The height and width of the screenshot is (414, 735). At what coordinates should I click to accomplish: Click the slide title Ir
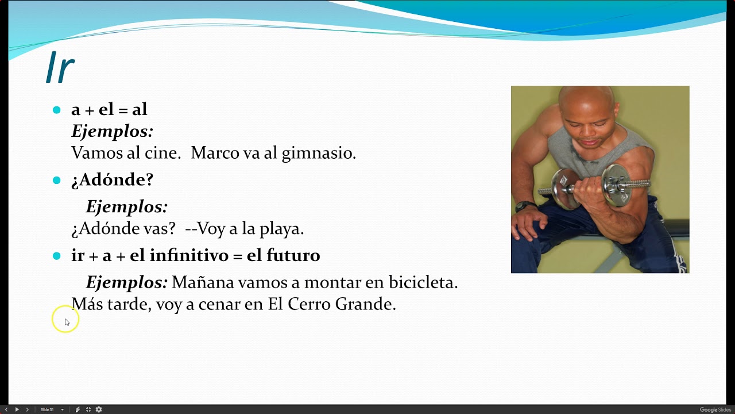60,68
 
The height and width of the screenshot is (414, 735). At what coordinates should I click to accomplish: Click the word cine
167,153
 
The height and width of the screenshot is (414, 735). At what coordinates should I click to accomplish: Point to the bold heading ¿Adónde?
112,179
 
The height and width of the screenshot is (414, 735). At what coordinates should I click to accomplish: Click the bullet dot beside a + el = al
56,110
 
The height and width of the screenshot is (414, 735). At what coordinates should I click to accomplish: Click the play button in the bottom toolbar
17,409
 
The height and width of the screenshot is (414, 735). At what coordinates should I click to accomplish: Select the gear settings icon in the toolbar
99,409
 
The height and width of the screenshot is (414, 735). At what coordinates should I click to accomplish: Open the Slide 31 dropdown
52,409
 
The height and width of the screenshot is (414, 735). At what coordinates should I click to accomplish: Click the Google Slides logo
715,409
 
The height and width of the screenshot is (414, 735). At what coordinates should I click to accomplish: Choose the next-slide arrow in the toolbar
27,409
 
